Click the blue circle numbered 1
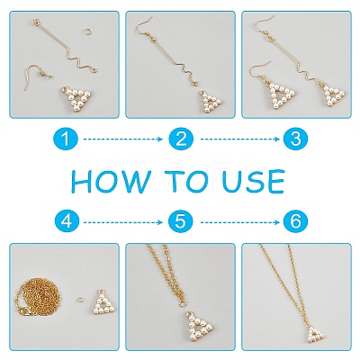(x=66, y=139)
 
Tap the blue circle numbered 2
(x=181, y=139)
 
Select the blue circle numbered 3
(x=295, y=139)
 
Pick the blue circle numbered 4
(x=67, y=222)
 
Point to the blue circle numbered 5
(x=181, y=222)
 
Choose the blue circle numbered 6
(x=295, y=222)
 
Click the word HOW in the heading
(x=110, y=182)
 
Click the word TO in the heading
(x=188, y=182)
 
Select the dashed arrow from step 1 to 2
(x=123, y=139)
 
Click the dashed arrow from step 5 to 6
(x=240, y=222)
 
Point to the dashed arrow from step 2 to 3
(x=240, y=139)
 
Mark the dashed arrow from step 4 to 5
(x=123, y=222)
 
